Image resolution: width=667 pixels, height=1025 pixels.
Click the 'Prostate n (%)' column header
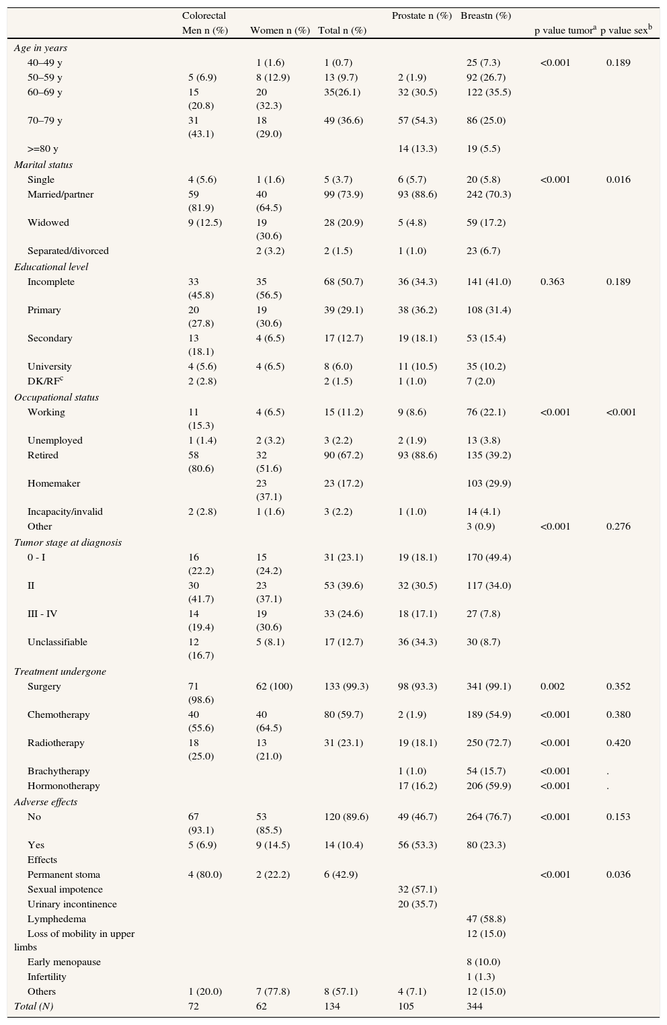pos(421,15)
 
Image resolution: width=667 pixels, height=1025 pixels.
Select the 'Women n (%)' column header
pos(280,30)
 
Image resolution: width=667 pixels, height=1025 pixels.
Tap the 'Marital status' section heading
pos(43,165)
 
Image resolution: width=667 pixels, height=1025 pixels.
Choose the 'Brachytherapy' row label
pos(58,771)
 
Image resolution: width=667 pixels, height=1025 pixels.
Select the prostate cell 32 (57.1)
pos(417,889)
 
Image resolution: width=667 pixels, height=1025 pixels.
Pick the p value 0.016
pos(618,179)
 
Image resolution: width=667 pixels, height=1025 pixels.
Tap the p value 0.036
pos(618,874)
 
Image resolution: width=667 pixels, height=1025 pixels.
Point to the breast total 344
pos(475,1006)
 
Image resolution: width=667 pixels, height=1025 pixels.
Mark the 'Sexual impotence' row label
pos(65,889)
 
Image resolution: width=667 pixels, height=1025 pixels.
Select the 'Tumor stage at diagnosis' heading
pos(68,542)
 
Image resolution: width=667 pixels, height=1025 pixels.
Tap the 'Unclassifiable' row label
pos(57,642)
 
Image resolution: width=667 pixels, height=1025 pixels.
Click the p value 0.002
pos(553,686)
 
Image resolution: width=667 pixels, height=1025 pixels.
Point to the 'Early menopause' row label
pos(64,962)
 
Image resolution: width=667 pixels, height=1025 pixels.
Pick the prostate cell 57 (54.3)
pos(417,120)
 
